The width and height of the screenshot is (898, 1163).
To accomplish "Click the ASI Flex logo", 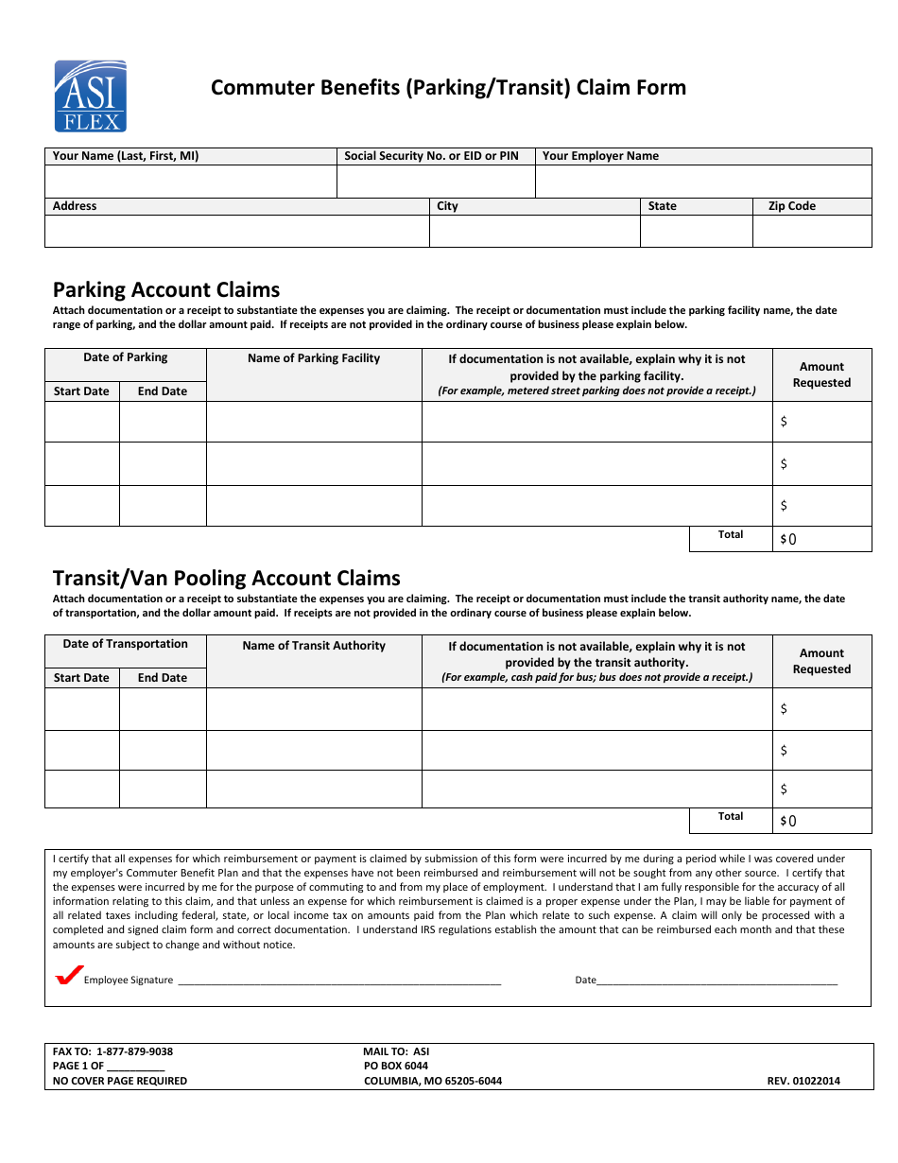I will click(x=90, y=96).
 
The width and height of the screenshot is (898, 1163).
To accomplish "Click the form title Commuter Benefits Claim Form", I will click(x=448, y=88).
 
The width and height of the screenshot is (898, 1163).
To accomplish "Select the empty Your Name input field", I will click(x=190, y=182).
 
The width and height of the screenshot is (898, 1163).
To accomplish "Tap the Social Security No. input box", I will click(x=436, y=182).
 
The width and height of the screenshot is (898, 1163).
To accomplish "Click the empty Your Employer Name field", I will click(x=703, y=182).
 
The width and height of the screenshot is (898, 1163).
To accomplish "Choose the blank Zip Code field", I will click(x=812, y=232).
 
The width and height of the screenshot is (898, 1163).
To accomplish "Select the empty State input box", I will click(x=696, y=232).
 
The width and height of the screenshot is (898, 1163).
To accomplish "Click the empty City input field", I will click(x=534, y=232).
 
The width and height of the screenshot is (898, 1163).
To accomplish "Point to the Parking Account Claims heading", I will click(x=166, y=289).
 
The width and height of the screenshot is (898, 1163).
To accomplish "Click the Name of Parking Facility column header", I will click(x=314, y=358).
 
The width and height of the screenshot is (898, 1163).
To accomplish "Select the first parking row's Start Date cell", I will click(x=82, y=422).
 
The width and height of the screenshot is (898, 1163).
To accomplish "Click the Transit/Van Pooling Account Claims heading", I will click(x=227, y=578).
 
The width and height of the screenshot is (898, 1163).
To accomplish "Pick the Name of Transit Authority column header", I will click(x=314, y=646).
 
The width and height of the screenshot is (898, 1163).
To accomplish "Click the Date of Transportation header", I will click(x=125, y=644).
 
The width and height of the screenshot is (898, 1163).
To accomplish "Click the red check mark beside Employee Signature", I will click(x=69, y=976).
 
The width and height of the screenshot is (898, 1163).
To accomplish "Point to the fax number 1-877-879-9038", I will click(x=134, y=1051).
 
